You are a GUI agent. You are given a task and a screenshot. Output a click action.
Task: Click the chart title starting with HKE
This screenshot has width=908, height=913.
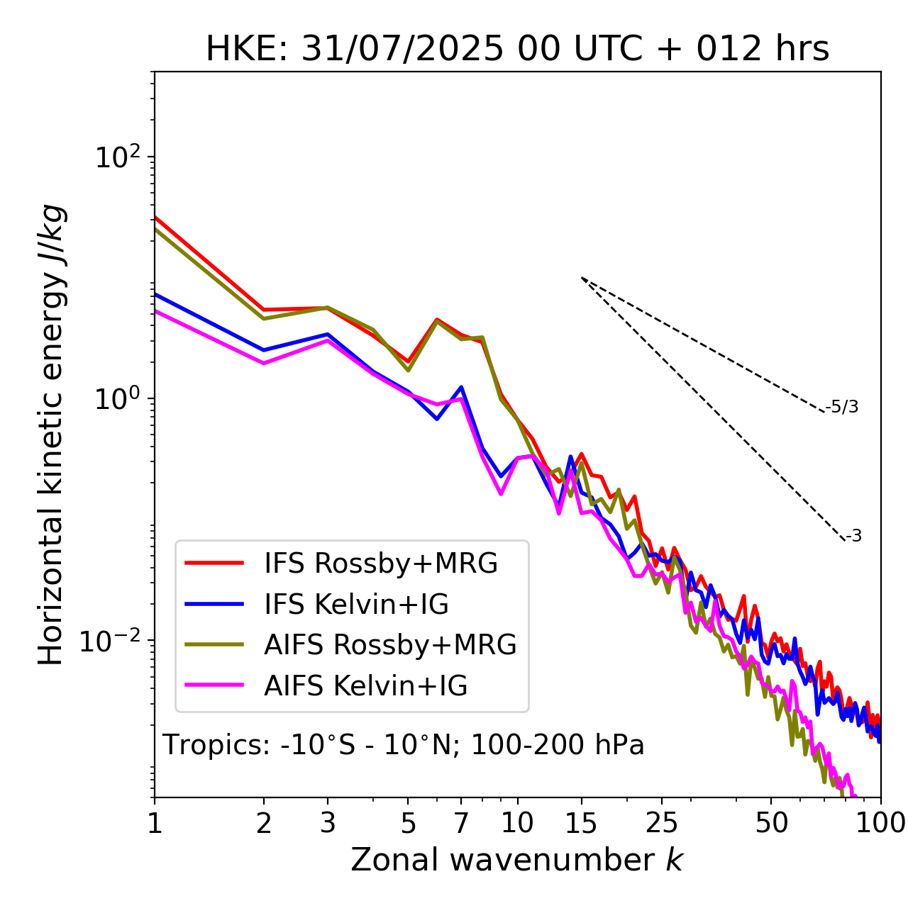(x=517, y=50)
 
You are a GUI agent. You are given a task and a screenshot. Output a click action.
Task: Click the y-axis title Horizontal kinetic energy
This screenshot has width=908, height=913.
(x=51, y=434)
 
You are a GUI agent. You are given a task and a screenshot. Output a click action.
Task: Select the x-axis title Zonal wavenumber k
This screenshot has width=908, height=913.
(x=517, y=860)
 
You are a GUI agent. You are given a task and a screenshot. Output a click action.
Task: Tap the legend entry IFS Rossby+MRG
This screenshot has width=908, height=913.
(x=380, y=564)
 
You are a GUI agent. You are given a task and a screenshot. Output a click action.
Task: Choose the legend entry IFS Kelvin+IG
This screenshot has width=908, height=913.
(x=356, y=604)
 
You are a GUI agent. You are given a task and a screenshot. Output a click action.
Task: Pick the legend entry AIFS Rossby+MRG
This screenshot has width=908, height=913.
(x=390, y=645)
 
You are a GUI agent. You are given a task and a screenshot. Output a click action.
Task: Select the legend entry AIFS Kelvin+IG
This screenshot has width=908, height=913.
(x=365, y=686)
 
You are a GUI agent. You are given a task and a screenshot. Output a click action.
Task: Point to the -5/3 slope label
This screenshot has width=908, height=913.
(x=842, y=407)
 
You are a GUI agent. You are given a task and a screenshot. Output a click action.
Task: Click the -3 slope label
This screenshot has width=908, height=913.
(x=853, y=536)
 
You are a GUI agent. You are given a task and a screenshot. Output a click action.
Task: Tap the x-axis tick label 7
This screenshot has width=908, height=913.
(x=462, y=823)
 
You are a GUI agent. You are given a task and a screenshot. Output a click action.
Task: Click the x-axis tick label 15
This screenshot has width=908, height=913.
(x=581, y=823)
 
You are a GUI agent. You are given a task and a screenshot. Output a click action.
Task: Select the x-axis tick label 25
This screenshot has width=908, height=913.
(x=662, y=823)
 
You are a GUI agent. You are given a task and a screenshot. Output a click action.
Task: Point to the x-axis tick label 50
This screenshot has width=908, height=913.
(x=771, y=823)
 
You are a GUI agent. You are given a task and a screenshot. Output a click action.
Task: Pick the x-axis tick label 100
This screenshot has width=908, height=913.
(x=880, y=823)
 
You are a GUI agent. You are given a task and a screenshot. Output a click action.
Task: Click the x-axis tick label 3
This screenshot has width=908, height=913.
(x=328, y=823)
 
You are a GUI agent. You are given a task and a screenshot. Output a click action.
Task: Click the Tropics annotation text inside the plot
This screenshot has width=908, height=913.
(x=403, y=745)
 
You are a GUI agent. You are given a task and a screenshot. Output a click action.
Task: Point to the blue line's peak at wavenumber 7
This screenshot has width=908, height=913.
(x=462, y=387)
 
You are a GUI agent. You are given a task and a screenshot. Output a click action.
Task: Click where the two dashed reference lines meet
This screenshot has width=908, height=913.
(x=582, y=278)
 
